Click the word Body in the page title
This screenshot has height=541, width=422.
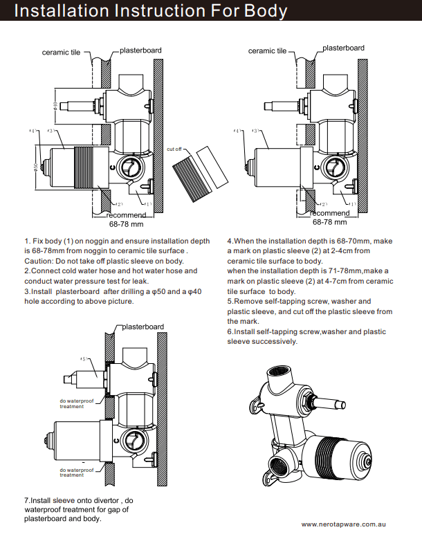259,11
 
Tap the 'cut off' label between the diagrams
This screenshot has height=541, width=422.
174,149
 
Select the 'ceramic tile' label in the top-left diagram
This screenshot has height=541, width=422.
61,52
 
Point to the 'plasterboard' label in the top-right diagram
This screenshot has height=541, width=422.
343,48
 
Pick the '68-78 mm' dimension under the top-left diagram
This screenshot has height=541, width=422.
126,224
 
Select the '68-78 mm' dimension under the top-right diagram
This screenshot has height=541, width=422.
330,222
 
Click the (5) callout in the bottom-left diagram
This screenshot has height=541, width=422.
84,358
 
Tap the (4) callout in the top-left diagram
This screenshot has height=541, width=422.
33,130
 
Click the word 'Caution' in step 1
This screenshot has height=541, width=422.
39,261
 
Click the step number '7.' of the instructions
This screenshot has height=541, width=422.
27,499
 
